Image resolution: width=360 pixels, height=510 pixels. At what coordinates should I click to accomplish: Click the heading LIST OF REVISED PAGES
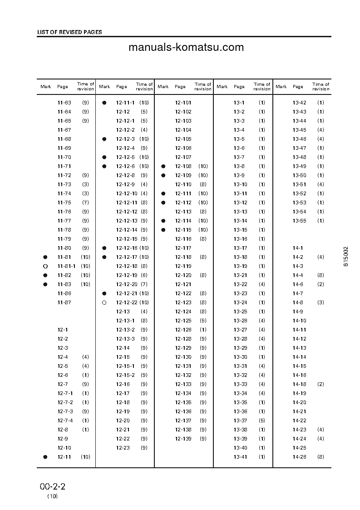click(69, 32)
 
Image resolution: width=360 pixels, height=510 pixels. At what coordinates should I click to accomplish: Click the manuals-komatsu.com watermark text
click(186, 48)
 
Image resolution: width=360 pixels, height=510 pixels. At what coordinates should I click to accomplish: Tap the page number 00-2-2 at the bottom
click(53, 486)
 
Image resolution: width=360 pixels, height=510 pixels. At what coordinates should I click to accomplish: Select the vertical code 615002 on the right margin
click(346, 256)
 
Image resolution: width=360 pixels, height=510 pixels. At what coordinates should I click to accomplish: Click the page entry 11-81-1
click(66, 266)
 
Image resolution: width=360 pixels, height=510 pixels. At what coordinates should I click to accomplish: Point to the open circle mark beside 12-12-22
click(104, 302)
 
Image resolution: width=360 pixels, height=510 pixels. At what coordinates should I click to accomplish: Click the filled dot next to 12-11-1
click(104, 103)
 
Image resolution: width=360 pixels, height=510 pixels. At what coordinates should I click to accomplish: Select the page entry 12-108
click(183, 166)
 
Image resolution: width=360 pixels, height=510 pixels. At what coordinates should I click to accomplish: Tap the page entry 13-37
click(240, 421)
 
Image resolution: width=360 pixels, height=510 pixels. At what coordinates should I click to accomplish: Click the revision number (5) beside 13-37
click(262, 421)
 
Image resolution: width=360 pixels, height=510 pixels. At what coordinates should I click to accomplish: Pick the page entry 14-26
click(300, 457)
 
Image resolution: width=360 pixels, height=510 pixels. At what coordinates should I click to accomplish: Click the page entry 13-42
click(300, 103)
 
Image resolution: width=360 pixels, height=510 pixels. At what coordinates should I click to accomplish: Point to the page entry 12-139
click(183, 439)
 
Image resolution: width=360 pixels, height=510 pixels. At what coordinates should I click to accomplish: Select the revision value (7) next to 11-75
click(85, 203)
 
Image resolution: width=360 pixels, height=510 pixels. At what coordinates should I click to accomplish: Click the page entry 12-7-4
click(65, 421)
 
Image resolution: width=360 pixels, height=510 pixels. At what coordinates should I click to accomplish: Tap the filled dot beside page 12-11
click(45, 457)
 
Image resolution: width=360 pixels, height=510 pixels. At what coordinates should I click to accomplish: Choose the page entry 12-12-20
click(127, 284)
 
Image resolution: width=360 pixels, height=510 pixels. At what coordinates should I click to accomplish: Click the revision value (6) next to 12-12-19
click(144, 275)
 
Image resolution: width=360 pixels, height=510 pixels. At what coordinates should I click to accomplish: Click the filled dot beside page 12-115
click(163, 230)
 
